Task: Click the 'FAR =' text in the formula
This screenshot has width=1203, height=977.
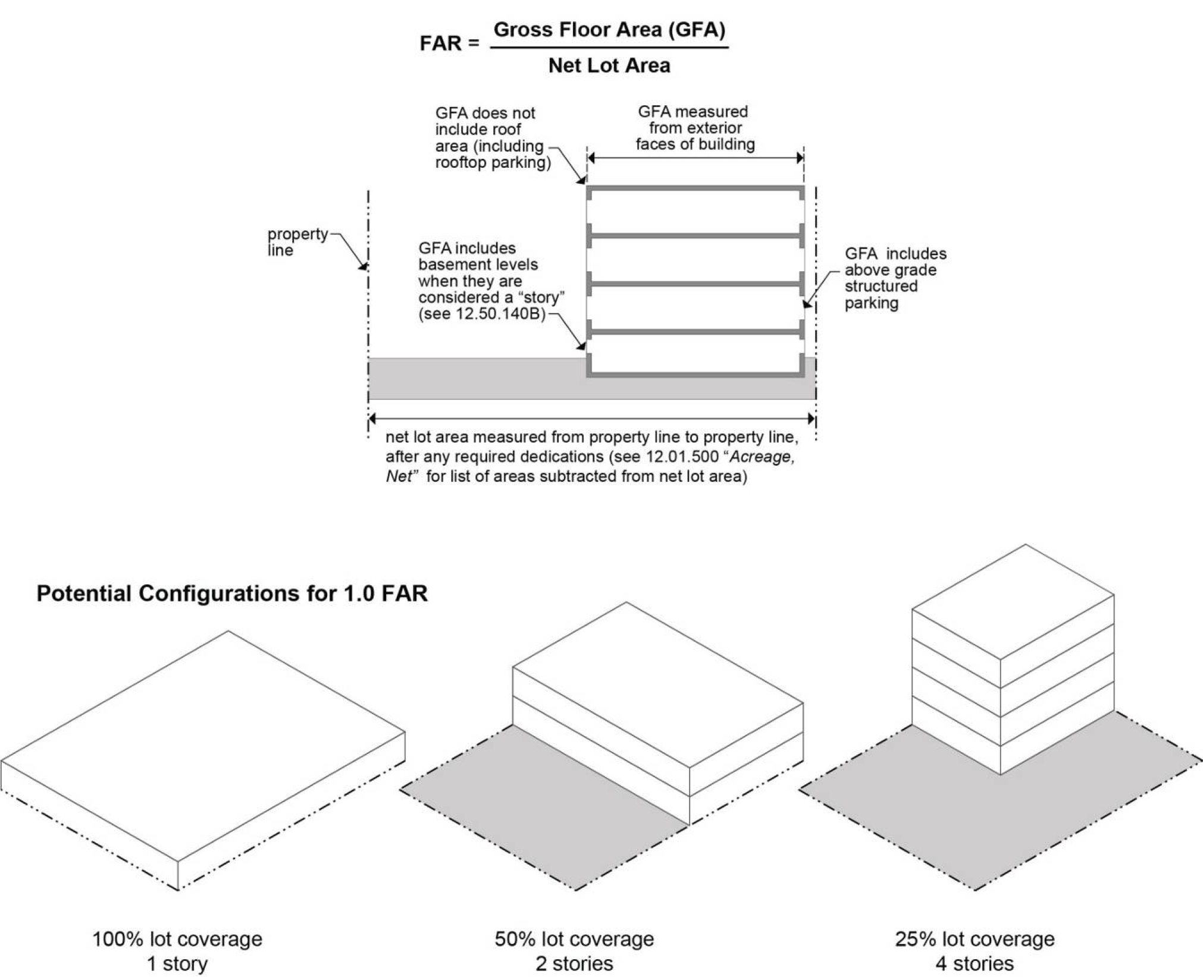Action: point(449,43)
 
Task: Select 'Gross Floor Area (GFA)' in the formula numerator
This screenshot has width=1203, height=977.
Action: point(609,30)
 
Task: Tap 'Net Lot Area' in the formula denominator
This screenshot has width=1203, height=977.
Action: point(609,65)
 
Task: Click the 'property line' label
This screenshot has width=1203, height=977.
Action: point(297,241)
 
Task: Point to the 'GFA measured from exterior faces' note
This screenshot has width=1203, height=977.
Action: point(694,128)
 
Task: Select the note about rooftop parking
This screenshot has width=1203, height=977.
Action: point(493,138)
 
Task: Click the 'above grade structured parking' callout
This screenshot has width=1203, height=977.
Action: point(894,278)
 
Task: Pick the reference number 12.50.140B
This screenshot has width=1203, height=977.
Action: point(500,313)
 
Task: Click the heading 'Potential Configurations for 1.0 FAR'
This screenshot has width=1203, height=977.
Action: point(232,593)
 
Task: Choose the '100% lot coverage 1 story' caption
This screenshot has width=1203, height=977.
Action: point(177,951)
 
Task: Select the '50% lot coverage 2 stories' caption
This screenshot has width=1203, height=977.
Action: point(574,951)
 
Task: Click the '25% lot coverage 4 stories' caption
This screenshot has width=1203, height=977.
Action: point(975,951)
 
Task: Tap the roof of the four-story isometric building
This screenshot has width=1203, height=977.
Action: point(1013,601)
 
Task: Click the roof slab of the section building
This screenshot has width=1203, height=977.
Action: point(695,189)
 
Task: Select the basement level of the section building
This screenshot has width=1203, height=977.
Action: point(695,355)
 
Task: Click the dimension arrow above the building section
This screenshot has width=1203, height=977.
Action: point(695,158)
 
